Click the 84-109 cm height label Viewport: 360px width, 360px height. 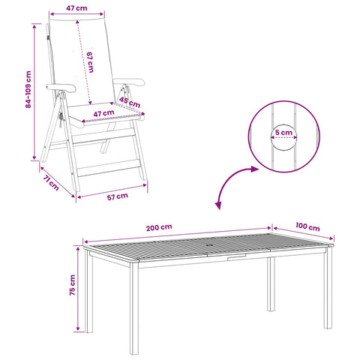coord(28,89)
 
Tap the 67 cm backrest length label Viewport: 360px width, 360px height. coord(90,62)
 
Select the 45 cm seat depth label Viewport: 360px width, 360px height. coord(130,102)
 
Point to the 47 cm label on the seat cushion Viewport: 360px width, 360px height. coord(103,114)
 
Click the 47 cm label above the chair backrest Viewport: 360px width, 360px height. coord(76,8)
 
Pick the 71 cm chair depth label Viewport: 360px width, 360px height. coord(51,183)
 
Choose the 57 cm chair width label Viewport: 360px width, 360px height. coord(118,196)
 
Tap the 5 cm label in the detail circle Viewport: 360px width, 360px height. coord(283,133)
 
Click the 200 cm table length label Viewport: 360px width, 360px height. coord(159,227)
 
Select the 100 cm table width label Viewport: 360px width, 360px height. coord(307,226)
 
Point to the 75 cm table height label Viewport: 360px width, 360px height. coord(72,285)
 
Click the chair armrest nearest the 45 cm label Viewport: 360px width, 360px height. coord(129,82)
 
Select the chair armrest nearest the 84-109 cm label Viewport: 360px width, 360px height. coord(61,88)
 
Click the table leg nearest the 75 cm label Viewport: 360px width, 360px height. coord(89,291)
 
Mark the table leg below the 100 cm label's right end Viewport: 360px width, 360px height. coord(328,287)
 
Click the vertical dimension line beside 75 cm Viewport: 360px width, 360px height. coord(78,289)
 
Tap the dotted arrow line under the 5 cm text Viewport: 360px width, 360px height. coord(284,137)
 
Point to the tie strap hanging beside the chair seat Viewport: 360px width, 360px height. coord(61,119)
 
